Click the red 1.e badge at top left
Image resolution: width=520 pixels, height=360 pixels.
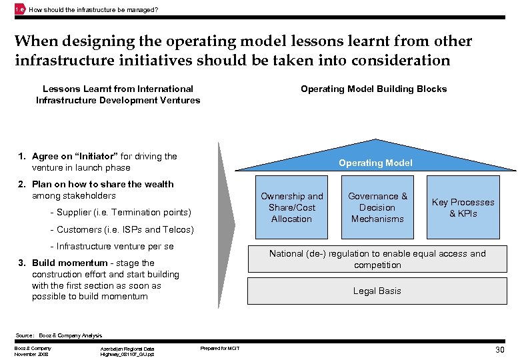tap(19, 9)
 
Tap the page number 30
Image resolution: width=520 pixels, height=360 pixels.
tap(500, 350)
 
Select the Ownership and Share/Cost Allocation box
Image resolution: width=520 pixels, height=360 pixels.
tap(291, 207)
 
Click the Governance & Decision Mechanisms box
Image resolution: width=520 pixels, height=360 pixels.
tap(377, 207)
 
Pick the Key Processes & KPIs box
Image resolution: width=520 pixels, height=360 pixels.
tap(463, 207)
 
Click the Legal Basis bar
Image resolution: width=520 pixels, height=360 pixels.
tap(377, 291)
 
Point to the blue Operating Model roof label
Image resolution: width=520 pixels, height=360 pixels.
tap(375, 163)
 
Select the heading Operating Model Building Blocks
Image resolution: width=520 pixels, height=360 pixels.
tap(373, 89)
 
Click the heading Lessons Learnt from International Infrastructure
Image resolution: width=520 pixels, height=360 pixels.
tap(118, 94)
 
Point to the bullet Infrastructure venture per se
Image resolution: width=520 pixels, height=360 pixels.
tap(111, 247)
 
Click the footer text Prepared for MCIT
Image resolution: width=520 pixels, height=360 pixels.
tap(220, 348)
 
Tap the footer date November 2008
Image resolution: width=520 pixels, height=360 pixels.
tap(31, 353)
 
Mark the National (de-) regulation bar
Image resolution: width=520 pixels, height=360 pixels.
tap(377, 259)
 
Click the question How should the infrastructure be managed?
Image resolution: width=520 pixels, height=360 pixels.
tap(93, 9)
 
